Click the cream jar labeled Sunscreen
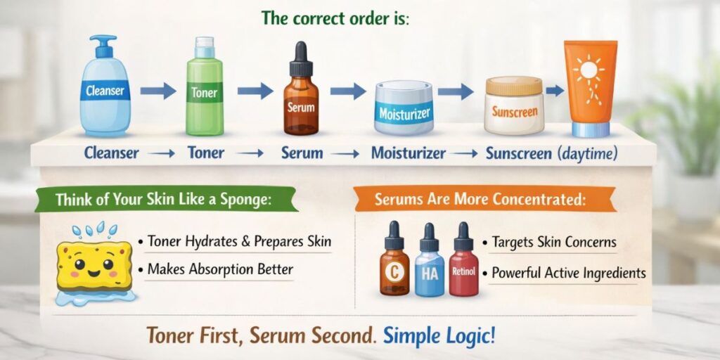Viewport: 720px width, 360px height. pyautogui.click(x=514, y=106)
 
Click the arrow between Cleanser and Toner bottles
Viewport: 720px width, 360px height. pyautogui.click(x=158, y=91)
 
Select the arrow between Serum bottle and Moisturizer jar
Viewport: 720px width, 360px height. pyautogui.click(x=348, y=91)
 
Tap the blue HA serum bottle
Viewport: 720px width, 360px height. pyautogui.click(x=429, y=268)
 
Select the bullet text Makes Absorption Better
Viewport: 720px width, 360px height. pyautogui.click(x=220, y=269)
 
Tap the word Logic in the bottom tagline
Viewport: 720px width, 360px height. pyautogui.click(x=468, y=334)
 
